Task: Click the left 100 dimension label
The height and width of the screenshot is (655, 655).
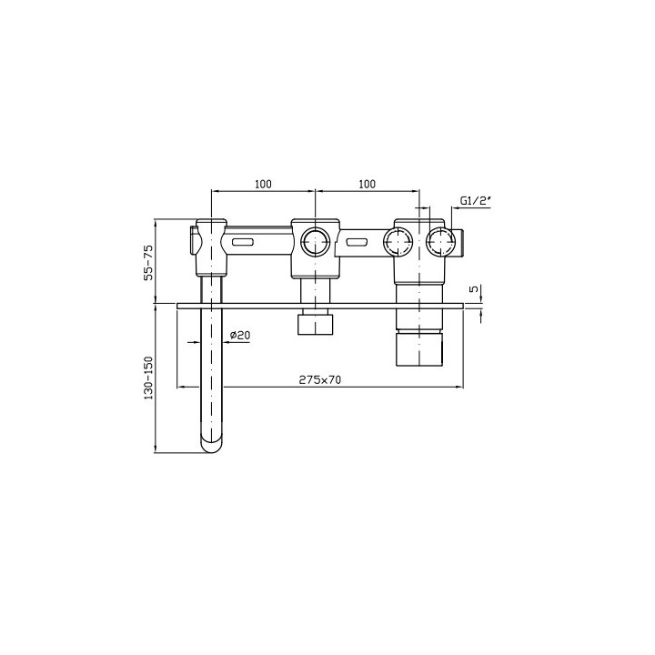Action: tap(263, 183)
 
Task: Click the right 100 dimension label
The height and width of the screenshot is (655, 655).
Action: tap(367, 183)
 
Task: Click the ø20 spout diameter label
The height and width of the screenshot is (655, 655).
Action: tap(239, 335)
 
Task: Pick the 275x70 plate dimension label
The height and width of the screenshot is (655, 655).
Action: tap(319, 379)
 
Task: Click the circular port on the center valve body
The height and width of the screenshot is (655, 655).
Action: tap(315, 241)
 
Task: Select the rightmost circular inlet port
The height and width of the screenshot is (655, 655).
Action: tap(441, 241)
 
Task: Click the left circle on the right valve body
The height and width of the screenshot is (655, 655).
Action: tap(398, 241)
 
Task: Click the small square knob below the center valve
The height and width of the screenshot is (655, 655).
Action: tap(315, 324)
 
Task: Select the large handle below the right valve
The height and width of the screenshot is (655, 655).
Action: tap(419, 348)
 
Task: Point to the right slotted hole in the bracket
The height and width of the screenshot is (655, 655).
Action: tap(358, 242)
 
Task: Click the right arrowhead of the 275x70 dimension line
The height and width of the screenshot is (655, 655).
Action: tap(460, 388)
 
